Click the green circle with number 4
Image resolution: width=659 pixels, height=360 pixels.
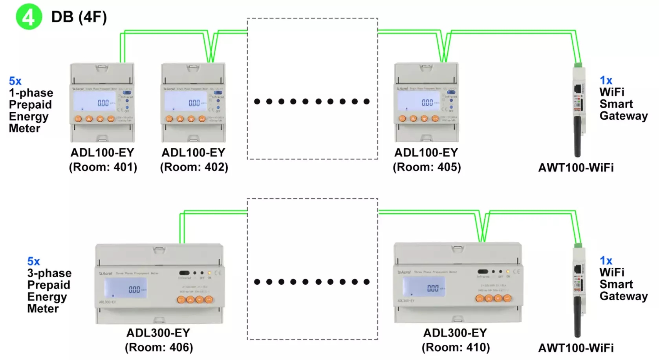[x=29, y=17]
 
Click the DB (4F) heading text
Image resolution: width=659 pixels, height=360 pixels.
[x=79, y=17]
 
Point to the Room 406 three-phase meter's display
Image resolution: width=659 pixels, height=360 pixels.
[x=125, y=288]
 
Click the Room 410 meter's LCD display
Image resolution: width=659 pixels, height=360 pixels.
[x=424, y=287]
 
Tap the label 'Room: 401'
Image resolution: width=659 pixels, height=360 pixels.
[x=103, y=167]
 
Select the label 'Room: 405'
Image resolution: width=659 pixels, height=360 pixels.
[x=427, y=167]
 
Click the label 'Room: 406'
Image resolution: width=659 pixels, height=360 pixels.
[x=159, y=347]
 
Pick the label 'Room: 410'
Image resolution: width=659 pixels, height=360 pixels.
[x=456, y=347]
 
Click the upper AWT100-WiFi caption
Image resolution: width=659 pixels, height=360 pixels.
[x=576, y=168]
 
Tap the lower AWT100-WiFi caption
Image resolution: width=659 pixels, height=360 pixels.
[x=576, y=348]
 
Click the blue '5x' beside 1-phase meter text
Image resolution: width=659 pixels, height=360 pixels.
[x=15, y=81]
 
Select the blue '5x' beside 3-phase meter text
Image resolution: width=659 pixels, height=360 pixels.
[x=33, y=261]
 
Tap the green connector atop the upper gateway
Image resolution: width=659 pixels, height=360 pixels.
[x=578, y=64]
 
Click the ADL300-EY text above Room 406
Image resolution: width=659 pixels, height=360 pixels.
[x=158, y=333]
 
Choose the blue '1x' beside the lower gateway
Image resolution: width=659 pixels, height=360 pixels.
[x=606, y=261]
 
